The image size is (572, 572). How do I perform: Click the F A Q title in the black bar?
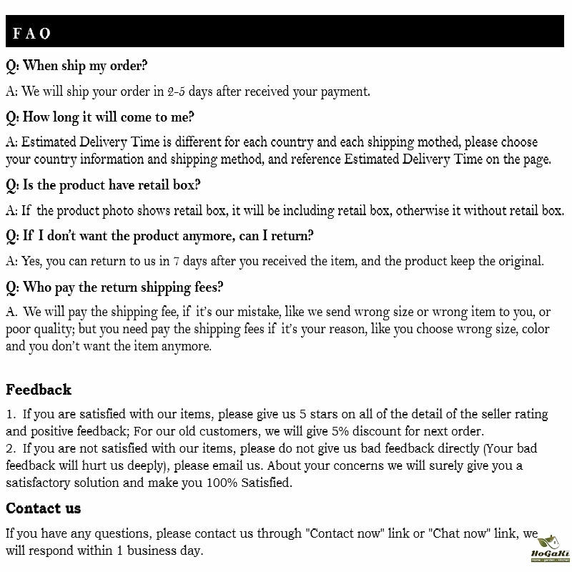point(31,34)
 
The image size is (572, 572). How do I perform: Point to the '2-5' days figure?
point(177,92)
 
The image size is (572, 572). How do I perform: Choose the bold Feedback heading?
point(39,390)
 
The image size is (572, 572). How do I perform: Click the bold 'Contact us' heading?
point(43,508)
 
